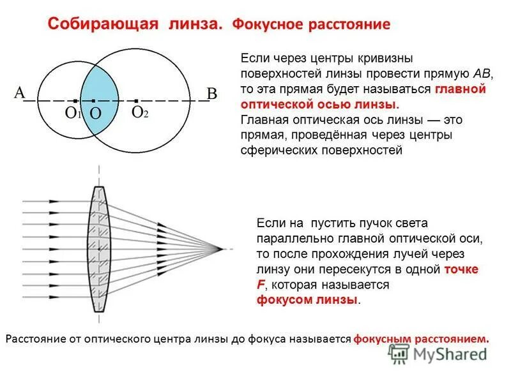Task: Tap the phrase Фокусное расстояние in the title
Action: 310,26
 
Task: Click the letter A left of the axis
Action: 19,93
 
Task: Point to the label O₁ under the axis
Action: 73,114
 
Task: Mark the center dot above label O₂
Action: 136,101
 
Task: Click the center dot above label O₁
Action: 75,101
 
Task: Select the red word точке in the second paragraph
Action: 462,269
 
